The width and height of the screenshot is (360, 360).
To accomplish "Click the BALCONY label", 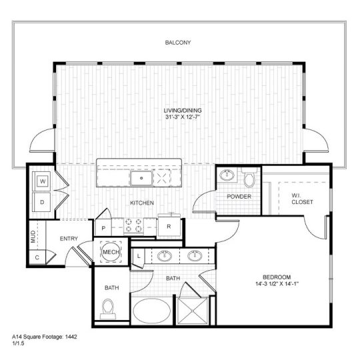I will click(x=178, y=43).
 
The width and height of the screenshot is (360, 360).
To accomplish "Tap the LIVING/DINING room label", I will click(x=183, y=111).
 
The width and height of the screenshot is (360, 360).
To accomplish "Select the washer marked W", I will click(x=42, y=181).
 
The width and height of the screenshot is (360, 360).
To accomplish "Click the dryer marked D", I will click(x=42, y=201).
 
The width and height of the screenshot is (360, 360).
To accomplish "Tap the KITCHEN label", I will click(x=143, y=202).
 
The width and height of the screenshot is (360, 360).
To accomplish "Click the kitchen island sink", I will click(x=141, y=177).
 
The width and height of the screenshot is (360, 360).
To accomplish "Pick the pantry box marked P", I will click(x=104, y=227).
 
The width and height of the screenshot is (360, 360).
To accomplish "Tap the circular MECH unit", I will click(x=110, y=252).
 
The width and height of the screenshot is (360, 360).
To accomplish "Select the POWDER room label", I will click(x=238, y=197).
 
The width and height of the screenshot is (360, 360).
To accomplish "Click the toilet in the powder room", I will click(x=249, y=179).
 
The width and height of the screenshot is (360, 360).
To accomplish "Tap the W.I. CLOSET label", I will click(x=301, y=198).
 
